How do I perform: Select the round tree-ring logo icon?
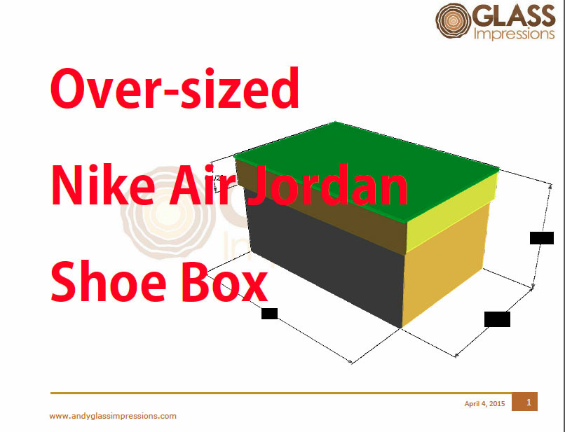coord(454,22)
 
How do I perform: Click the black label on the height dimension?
coord(542,237)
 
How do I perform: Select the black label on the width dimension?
coord(497,319)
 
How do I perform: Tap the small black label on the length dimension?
coord(269,314)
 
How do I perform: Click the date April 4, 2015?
coord(484,403)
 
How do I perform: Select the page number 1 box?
coord(528,402)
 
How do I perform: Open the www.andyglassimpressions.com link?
coord(113,416)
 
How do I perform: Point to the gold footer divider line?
coord(280,393)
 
